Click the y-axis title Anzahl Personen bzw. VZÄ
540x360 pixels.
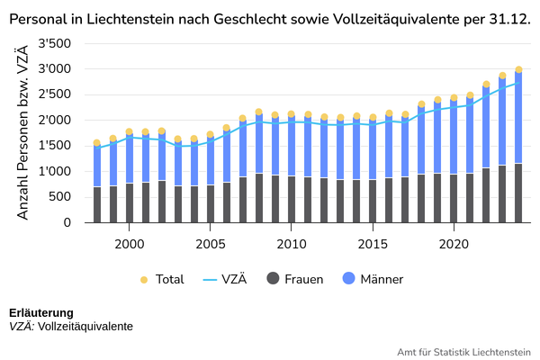click(x=24, y=132)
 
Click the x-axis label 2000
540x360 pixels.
click(x=130, y=243)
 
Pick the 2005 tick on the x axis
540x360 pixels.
click(x=211, y=243)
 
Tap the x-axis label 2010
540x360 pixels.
click(x=292, y=243)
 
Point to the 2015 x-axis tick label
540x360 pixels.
click(x=373, y=243)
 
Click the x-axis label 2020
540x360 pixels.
click(x=454, y=243)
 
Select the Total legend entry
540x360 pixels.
click(x=162, y=279)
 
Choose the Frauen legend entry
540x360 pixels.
click(x=294, y=279)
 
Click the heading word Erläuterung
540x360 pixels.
click(x=40, y=313)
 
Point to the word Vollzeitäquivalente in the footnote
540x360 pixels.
click(x=85, y=327)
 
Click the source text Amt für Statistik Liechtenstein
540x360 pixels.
click(x=463, y=352)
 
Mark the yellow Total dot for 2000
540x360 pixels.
click(x=130, y=131)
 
